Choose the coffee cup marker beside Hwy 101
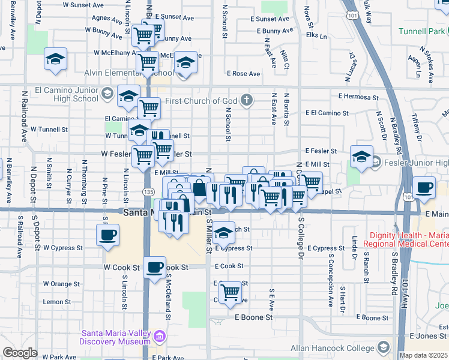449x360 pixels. click(424, 187)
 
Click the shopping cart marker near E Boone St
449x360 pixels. click(231, 292)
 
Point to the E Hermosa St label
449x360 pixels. click(358, 97)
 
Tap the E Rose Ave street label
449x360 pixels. click(243, 74)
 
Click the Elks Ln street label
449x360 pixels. click(316, 36)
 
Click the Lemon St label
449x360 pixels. click(57, 302)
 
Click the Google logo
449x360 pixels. click(20, 353)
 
